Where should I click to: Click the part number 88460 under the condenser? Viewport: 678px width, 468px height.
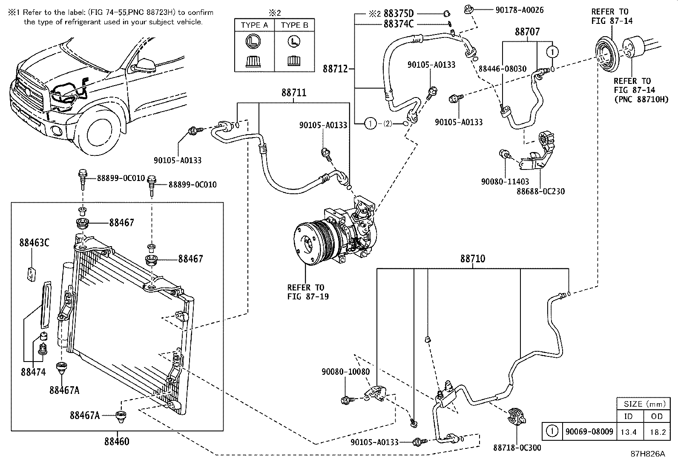coord(117,442)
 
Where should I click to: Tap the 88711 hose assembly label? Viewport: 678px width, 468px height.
coord(293,93)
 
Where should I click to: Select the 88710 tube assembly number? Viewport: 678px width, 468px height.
coord(472,259)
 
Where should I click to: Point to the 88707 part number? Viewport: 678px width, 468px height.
coord(527,32)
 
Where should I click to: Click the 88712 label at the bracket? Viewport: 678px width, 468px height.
coord(336,69)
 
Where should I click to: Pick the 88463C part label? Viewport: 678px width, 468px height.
coord(34,243)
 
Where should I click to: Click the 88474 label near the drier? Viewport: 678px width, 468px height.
coord(33,372)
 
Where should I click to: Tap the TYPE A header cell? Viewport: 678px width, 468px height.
coord(254,25)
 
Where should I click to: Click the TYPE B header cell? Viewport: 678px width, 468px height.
coord(294,25)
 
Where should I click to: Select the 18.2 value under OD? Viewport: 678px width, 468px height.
coord(657,432)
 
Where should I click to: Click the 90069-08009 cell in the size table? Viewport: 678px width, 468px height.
coord(589,432)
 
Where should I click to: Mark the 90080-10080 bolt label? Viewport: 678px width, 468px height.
coord(345,372)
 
